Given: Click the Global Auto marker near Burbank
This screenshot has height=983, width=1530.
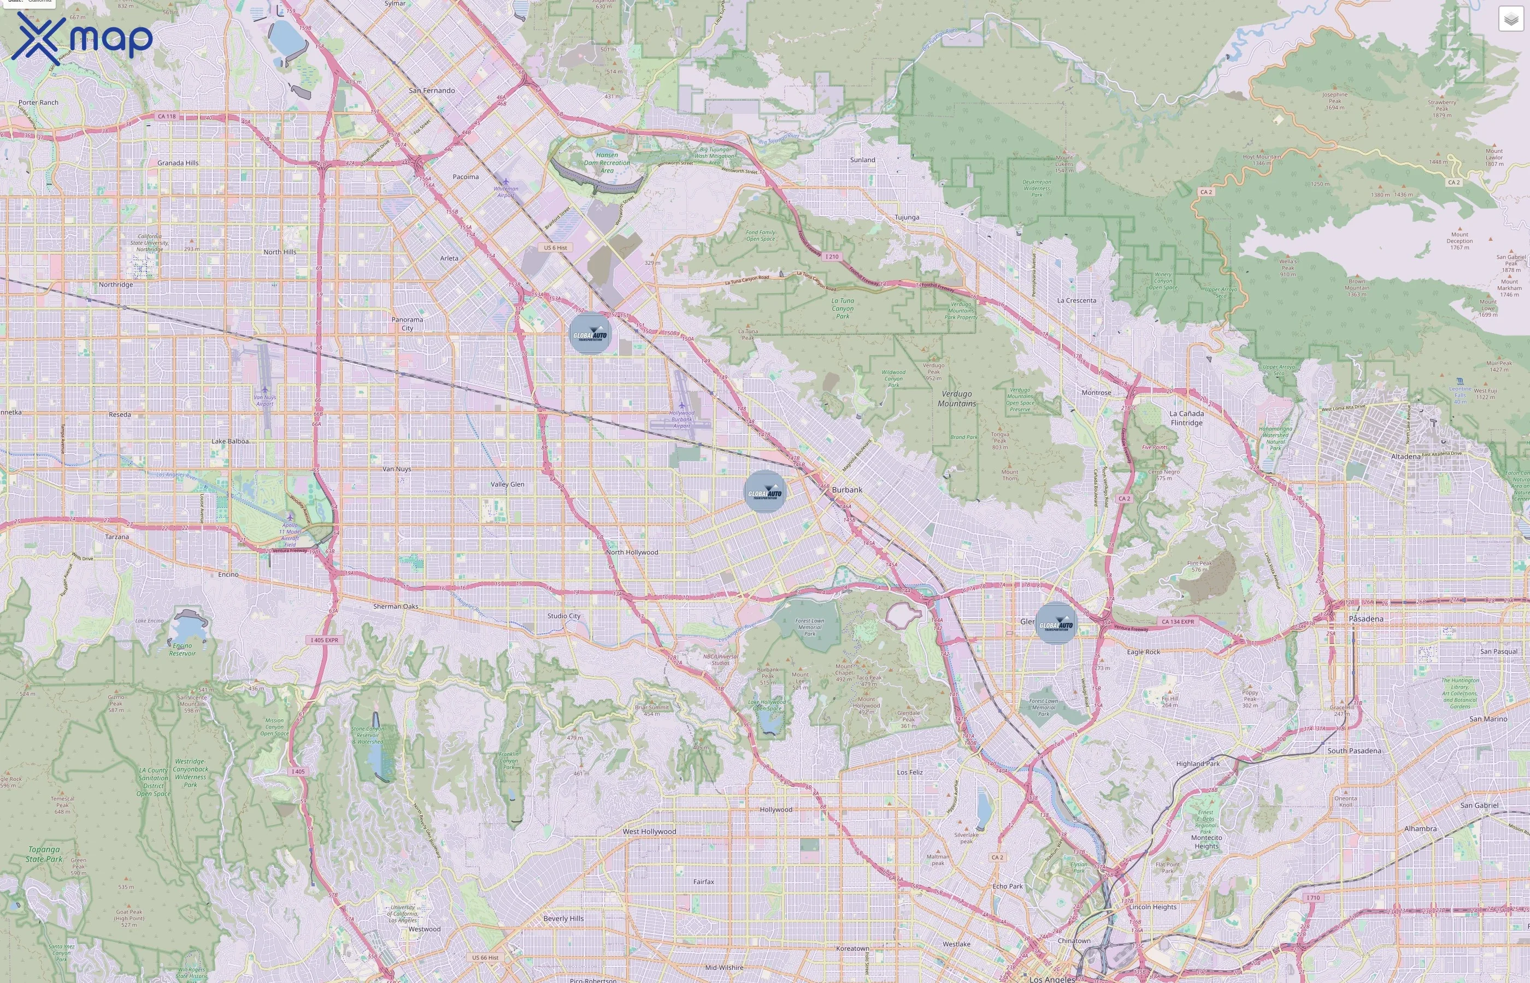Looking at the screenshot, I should (764, 491).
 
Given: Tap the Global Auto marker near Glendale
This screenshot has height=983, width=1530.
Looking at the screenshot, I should (1056, 624).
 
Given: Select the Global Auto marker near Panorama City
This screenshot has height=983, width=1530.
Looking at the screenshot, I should (590, 334).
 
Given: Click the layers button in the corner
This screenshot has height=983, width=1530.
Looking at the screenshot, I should (1510, 19).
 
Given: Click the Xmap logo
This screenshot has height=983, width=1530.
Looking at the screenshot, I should (82, 38).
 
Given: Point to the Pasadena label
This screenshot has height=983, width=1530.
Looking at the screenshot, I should (1366, 619).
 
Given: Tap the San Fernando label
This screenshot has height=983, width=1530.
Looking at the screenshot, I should (432, 91).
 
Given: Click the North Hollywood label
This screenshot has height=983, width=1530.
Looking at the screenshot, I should (632, 552).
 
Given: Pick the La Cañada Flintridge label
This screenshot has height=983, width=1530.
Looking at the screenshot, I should (1186, 418).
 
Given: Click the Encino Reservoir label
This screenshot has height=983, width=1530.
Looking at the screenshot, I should (182, 649).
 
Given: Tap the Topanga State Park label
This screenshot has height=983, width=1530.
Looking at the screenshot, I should (44, 854).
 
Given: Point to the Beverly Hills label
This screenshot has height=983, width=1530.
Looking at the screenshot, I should (563, 919).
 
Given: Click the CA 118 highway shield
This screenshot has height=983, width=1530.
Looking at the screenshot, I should (167, 116).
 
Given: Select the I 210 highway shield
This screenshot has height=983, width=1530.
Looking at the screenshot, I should (832, 257).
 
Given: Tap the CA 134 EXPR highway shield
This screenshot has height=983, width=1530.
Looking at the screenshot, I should (1178, 621).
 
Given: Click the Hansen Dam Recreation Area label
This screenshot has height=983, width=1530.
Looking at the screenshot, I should (607, 163).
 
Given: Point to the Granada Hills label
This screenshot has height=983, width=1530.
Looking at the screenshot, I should (178, 163).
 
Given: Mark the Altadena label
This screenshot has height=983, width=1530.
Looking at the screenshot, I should (1405, 457).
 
